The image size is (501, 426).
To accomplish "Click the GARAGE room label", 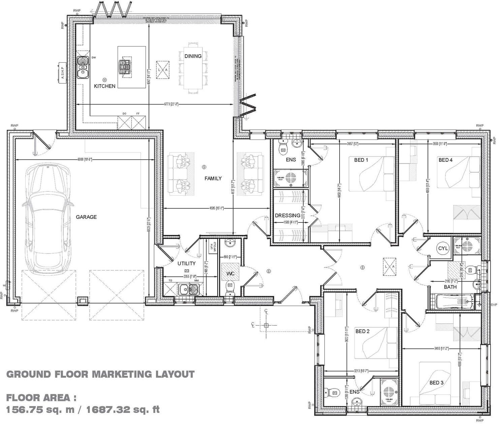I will click(86, 217).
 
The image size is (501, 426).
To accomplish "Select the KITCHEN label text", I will click(104, 86).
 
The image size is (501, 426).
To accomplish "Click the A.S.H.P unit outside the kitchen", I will click(62, 72).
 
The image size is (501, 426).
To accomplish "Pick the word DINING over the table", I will click(193, 56).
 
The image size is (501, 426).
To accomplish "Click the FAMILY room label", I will click(213, 178).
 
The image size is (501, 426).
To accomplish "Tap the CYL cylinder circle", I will click(443, 248).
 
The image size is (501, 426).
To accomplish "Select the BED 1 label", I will click(361, 160).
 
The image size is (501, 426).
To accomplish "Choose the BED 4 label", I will click(445, 160).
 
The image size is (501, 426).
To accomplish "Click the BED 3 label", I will click(436, 383).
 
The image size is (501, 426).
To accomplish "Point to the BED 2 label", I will click(363, 331).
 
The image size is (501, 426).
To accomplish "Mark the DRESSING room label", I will click(287, 215).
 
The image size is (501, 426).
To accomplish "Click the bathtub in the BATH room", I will click(451, 302).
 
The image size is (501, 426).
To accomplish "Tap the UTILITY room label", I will click(186, 263).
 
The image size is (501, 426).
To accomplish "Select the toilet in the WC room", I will click(230, 287).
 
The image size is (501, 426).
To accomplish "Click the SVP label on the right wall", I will click(494, 305).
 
